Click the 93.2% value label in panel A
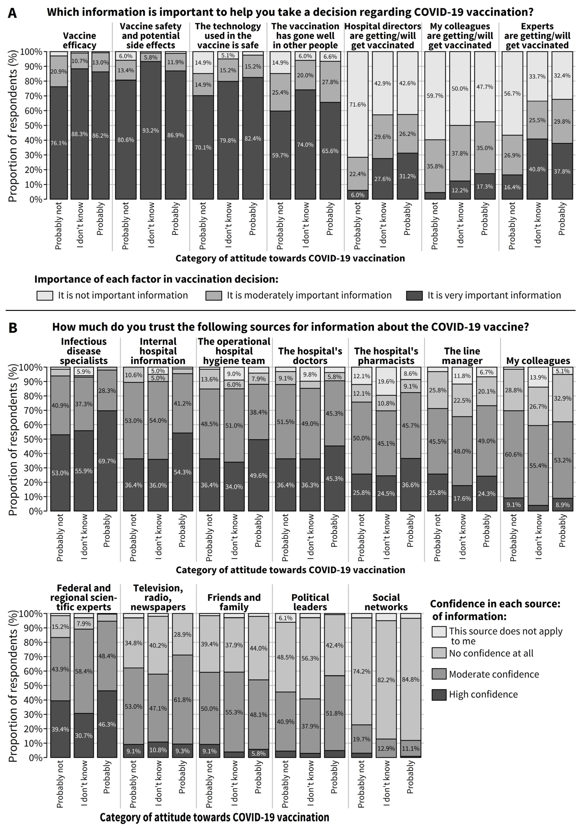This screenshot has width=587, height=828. pos(150,131)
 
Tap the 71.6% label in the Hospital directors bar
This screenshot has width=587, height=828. pos(357,104)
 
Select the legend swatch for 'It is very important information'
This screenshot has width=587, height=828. pos(414,295)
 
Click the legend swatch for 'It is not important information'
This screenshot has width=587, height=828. pos(45,295)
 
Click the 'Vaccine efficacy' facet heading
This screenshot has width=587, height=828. pos(80,40)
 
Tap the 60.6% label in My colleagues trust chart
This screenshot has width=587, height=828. pos(514,454)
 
